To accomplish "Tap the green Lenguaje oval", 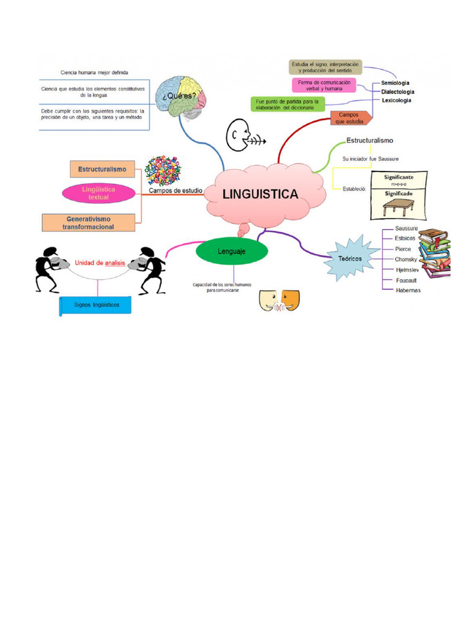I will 232,251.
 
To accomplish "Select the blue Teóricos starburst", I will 351,259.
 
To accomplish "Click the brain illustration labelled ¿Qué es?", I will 181,98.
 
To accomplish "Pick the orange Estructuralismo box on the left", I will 102,168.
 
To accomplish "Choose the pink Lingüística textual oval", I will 99,193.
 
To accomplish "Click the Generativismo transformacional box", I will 89,223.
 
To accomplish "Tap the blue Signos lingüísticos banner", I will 96,305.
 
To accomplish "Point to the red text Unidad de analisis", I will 100,263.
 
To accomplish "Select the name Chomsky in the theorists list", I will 406,259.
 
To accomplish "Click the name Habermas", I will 408,290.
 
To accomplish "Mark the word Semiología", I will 395,82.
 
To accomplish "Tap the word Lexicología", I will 396,100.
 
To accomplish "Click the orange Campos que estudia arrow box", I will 351,118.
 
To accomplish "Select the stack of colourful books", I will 434,253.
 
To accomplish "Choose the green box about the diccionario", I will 287,104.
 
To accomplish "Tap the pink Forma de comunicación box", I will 323,85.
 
